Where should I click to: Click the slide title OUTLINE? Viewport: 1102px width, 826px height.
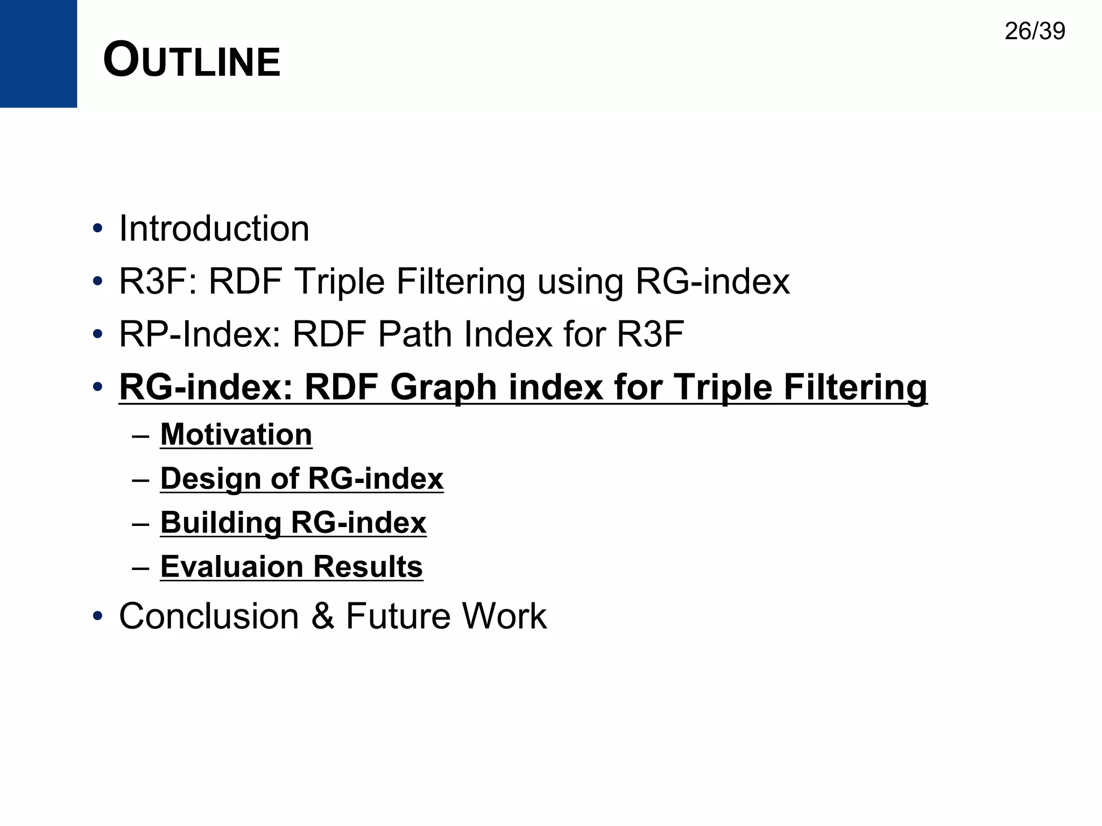point(192,60)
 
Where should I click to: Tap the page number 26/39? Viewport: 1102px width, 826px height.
point(1034,31)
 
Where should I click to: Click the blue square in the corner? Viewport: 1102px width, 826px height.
point(38,53)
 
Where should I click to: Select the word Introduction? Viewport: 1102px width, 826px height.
point(214,229)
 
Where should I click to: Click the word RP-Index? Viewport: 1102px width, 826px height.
point(200,334)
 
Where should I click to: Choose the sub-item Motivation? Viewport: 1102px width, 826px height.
point(236,435)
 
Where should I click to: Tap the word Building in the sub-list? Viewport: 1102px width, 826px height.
point(221,523)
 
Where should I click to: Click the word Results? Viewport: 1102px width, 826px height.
point(368,567)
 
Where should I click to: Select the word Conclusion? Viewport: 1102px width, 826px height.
point(209,616)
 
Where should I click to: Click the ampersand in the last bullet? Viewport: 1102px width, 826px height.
point(322,616)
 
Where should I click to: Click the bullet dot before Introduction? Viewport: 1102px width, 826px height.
point(97,229)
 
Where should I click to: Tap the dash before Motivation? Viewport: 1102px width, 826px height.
point(140,435)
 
